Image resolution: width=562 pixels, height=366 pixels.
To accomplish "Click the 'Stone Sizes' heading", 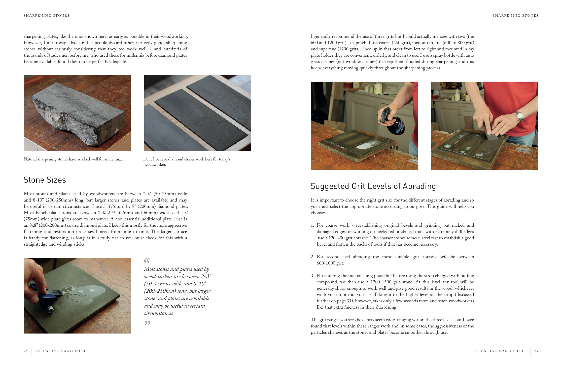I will coord(45,180).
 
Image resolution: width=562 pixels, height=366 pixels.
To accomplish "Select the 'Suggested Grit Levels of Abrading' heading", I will coord(373,186).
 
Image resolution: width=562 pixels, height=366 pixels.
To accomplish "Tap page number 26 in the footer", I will coord(26,351).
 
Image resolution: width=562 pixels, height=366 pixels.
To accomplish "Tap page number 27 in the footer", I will coord(536,351).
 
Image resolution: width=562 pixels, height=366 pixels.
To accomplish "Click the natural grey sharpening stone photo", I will coord(77,113).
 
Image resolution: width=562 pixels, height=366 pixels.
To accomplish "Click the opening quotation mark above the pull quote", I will coord(147,260).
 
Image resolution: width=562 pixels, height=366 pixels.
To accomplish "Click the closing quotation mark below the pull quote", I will coord(147,323).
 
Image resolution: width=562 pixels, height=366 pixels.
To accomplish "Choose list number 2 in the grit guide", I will coord(312,257).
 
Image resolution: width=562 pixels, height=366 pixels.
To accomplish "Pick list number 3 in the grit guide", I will coord(312,276).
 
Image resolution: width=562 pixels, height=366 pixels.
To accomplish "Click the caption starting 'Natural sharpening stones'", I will coord(74,159).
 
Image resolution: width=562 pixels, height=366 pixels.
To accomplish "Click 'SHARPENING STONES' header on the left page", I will coord(47,16).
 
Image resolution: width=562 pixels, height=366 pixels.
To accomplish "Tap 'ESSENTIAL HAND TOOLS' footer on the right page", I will coord(500,351).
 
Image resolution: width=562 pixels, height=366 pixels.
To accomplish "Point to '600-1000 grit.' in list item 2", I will coord(330,263).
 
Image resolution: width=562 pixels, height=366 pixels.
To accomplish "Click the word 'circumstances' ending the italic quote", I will coord(158,313).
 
